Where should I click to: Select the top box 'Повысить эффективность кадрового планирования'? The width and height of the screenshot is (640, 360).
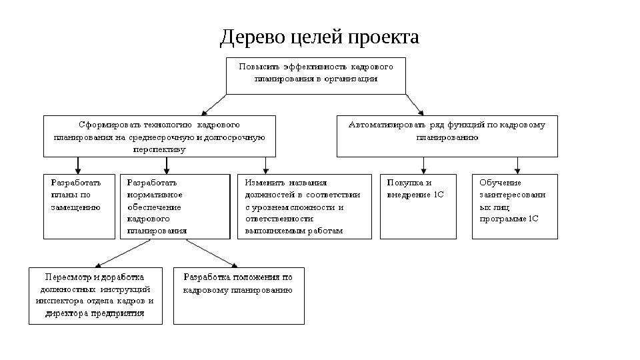[x=316, y=75]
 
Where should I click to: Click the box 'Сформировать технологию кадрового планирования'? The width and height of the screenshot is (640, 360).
[x=159, y=136]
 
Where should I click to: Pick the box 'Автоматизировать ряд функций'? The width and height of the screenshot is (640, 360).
[x=447, y=136]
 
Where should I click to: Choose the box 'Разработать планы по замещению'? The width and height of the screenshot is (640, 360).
[x=79, y=206]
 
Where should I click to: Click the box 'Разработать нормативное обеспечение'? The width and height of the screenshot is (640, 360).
[x=175, y=206]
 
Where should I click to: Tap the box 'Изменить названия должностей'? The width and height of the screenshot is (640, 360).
[x=305, y=206]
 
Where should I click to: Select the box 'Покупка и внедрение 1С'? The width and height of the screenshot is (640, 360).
[x=419, y=206]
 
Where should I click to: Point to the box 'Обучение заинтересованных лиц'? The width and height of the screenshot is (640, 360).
[x=515, y=206]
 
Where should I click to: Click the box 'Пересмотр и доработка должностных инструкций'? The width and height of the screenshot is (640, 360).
[x=95, y=295]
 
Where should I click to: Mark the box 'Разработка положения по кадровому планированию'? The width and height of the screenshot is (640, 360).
[x=239, y=295]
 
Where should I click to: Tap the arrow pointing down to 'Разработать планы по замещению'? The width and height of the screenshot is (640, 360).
[x=79, y=165]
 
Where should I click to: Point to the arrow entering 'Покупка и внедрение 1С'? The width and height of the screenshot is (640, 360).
[x=423, y=165]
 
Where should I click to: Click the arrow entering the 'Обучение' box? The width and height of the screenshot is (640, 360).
[x=517, y=165]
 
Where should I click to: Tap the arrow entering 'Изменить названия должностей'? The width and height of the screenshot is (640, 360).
[x=266, y=165]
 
